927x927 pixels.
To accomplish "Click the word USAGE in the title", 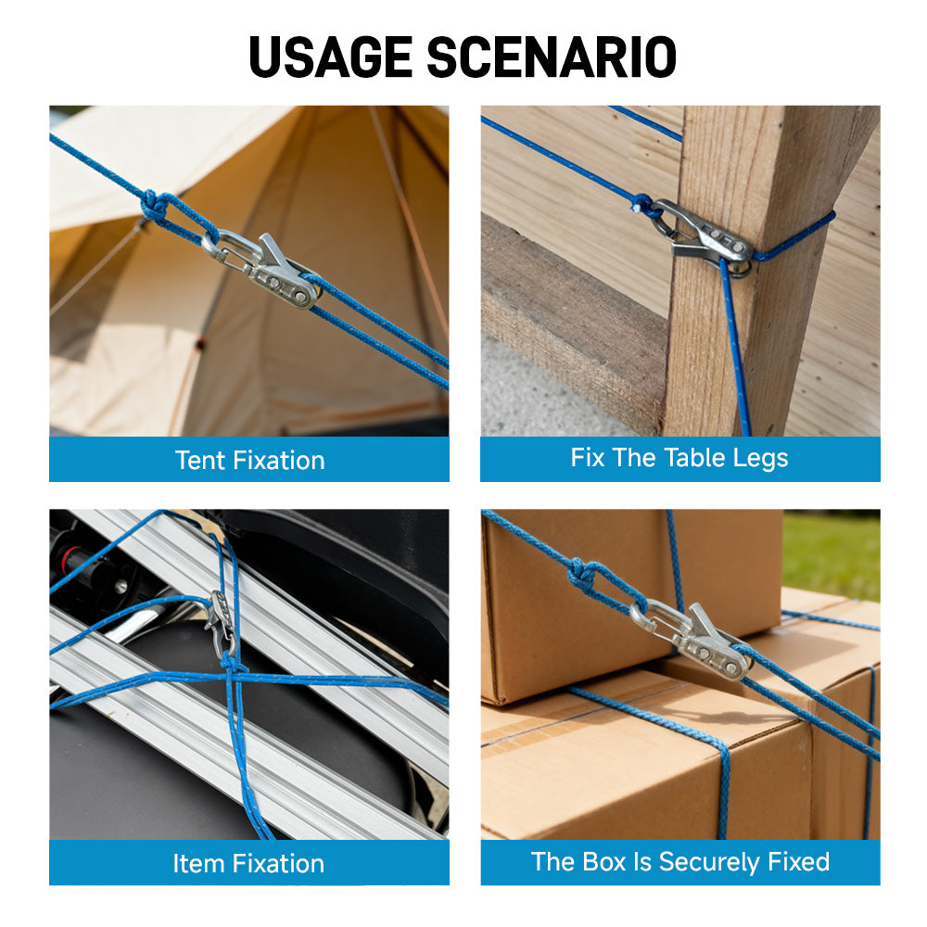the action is coord(330,57).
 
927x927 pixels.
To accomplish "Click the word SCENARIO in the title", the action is coord(552,57).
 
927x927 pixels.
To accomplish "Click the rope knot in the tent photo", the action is coord(155,207).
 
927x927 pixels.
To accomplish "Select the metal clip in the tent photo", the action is coord(263,270).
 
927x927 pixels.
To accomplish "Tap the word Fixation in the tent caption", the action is coord(279,461).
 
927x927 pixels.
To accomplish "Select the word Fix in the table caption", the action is coord(587,458).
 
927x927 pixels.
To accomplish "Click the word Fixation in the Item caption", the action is coord(278,864).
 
